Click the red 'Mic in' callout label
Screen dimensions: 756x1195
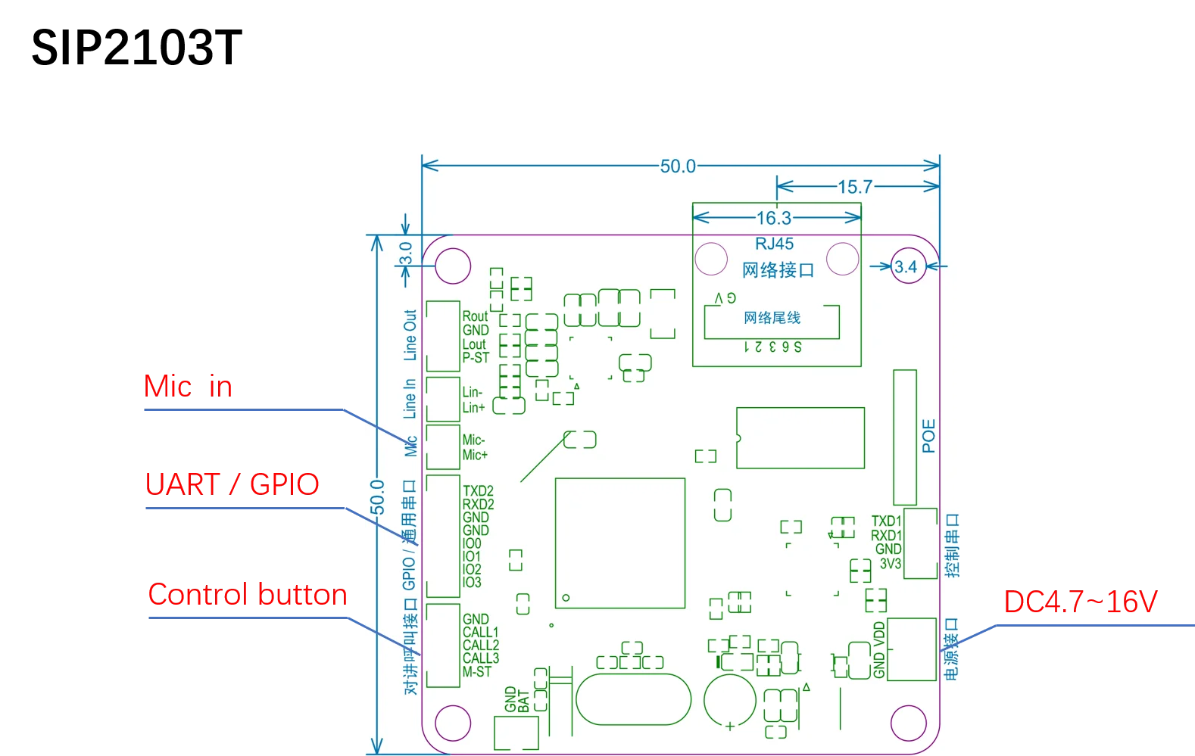tap(189, 386)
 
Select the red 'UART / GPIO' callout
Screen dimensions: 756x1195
tap(232, 484)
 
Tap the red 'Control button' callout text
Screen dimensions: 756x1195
tap(248, 595)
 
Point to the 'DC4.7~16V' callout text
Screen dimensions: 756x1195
tap(1081, 603)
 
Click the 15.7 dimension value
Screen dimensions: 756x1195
tap(855, 187)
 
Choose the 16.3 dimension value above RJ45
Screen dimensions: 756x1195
tap(774, 219)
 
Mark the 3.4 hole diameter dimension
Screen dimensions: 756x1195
tap(906, 266)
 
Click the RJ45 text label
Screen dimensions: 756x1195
tap(774, 244)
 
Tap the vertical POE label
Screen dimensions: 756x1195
tap(928, 436)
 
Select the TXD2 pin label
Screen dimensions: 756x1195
tap(478, 491)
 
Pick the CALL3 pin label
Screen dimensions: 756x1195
tap(481, 658)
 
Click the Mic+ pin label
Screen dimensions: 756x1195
tap(475, 455)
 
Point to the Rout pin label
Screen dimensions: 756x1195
tap(475, 316)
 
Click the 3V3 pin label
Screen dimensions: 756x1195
tap(891, 564)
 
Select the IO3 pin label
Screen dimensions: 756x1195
tap(472, 582)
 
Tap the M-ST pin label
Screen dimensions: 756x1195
tap(477, 672)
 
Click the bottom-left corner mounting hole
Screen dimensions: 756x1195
tap(453, 722)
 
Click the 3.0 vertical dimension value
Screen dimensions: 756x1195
tap(406, 253)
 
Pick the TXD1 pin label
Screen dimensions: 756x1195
tap(886, 521)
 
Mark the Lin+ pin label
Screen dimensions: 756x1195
tap(473, 407)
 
